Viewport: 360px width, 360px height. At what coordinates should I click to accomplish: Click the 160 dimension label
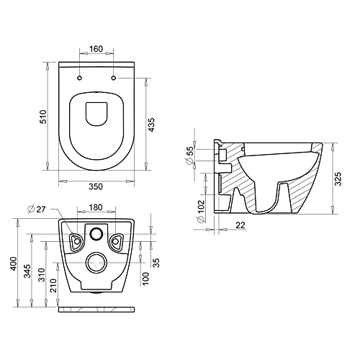96,49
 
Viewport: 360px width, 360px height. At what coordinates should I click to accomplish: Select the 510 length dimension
43,117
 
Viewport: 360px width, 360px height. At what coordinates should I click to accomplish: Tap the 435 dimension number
151,125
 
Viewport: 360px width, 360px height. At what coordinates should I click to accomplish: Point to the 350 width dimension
96,186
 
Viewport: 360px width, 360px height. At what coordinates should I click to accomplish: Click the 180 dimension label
96,207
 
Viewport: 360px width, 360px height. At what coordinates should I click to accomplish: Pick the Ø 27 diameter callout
37,209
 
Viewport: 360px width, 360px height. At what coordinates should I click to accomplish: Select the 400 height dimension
14,264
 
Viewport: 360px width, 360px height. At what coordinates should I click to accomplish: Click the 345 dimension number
28,271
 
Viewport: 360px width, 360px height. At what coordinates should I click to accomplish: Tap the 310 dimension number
42,275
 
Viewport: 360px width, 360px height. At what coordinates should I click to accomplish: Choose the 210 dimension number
54,285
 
